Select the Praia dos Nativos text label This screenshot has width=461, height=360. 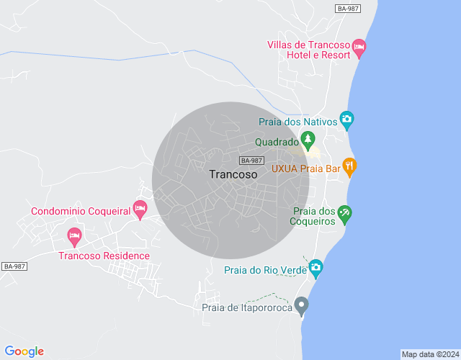[x=297, y=122]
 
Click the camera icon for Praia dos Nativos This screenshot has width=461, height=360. [x=346, y=119]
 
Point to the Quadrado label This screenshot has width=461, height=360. [x=277, y=143]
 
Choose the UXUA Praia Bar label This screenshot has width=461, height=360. [x=305, y=168]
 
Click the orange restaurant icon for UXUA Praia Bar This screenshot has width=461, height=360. [x=349, y=166]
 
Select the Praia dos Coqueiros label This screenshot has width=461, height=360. [x=315, y=216]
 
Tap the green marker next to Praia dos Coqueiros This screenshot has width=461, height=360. [x=345, y=213]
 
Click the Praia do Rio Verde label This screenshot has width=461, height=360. [x=265, y=271]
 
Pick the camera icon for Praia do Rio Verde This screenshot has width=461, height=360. [x=315, y=269]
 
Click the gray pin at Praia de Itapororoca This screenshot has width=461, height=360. [x=302, y=305]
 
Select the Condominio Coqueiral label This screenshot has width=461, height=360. [x=81, y=212]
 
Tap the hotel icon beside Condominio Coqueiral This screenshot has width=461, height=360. [x=140, y=210]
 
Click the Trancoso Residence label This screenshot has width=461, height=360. [x=104, y=256]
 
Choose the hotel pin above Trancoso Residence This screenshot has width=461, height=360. [x=73, y=235]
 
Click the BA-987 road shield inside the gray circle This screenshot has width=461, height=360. [x=251, y=161]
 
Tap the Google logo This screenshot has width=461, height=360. [x=24, y=351]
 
